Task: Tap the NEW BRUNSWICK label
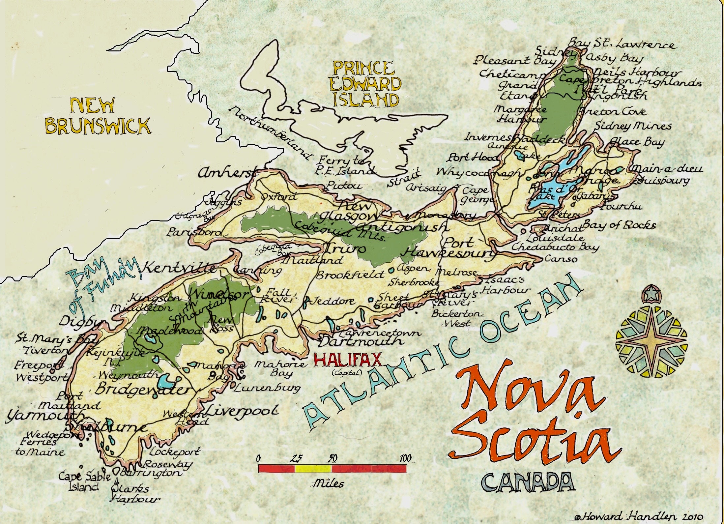97,116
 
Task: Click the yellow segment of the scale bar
313,469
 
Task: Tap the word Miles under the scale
328,483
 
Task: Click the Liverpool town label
242,411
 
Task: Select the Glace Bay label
636,142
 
